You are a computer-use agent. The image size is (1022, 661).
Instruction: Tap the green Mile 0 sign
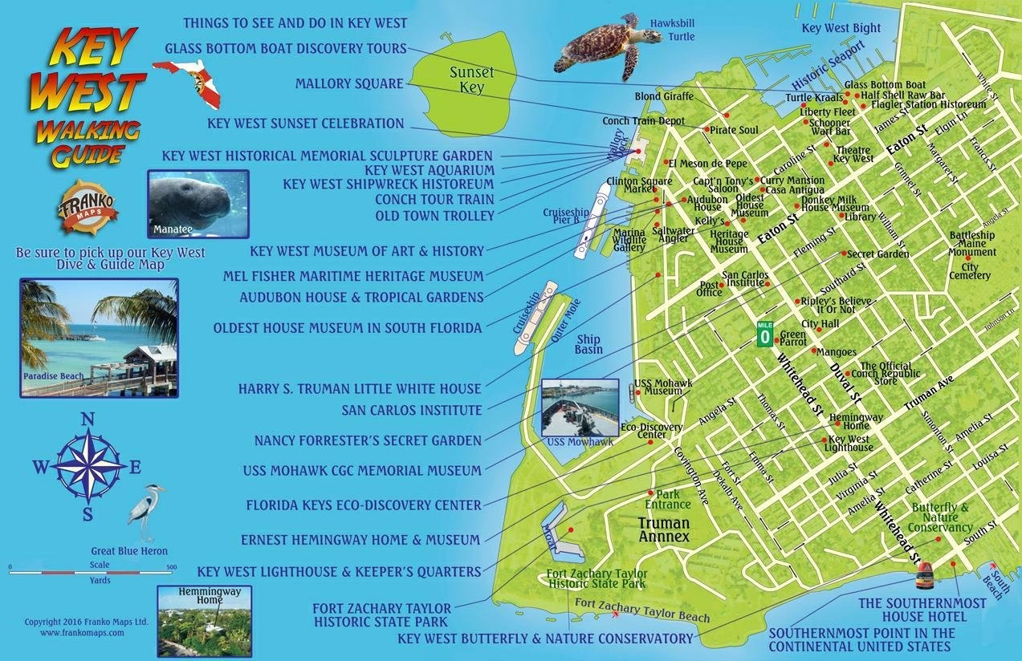764,332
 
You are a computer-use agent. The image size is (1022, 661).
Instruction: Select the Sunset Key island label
471,79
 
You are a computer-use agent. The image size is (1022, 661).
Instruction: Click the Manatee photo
198,204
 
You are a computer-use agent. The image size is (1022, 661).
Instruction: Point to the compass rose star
88,465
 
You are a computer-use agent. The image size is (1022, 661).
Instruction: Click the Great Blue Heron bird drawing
147,512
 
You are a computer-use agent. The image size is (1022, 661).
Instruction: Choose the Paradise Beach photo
99,337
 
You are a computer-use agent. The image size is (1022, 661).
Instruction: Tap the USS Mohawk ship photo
580,408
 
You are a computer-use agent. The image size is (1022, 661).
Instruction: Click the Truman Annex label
664,529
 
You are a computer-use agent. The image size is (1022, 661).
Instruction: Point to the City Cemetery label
970,272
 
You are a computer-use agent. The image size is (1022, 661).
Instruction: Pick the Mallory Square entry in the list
349,83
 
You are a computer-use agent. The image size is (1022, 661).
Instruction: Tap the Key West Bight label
841,28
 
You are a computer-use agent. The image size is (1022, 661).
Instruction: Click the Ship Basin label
588,344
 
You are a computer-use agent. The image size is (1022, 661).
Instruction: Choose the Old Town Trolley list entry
434,216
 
